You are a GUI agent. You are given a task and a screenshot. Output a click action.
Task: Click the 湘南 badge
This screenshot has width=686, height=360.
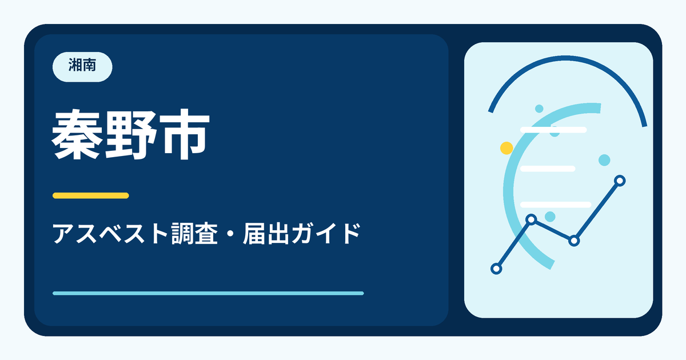(x=82, y=67)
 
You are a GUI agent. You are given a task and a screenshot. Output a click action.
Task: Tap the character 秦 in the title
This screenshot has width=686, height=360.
(x=77, y=134)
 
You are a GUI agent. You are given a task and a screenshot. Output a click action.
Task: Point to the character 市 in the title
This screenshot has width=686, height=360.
(x=184, y=134)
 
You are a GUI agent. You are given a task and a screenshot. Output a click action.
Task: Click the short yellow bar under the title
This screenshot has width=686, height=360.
(x=91, y=195)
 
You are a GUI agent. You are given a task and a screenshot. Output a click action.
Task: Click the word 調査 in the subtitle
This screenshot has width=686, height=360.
(x=194, y=234)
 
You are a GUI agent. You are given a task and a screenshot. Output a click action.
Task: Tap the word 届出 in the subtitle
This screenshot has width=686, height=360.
(x=266, y=234)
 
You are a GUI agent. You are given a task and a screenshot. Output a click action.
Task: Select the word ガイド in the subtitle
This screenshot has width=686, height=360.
(x=326, y=234)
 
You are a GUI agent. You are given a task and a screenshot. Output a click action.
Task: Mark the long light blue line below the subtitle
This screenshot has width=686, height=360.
(x=208, y=293)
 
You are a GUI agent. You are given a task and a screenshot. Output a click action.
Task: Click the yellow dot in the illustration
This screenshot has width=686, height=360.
(x=506, y=148)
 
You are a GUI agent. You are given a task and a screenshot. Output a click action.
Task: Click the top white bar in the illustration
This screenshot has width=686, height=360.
(x=553, y=130)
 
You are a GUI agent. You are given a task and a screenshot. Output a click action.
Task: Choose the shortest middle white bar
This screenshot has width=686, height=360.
(x=548, y=169)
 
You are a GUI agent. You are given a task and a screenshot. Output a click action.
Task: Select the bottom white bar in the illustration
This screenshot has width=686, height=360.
(x=556, y=205)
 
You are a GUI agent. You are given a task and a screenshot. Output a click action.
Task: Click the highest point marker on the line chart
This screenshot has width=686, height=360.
(x=620, y=181)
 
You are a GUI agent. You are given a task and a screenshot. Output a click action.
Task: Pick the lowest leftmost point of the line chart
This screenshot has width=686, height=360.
(x=496, y=269)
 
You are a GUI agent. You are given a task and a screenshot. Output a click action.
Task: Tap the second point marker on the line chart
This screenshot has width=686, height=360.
(x=531, y=219)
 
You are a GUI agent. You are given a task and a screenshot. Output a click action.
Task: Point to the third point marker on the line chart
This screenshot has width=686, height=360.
(x=574, y=241)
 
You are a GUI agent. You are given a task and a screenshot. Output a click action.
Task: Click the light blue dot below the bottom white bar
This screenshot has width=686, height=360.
(x=550, y=217)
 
